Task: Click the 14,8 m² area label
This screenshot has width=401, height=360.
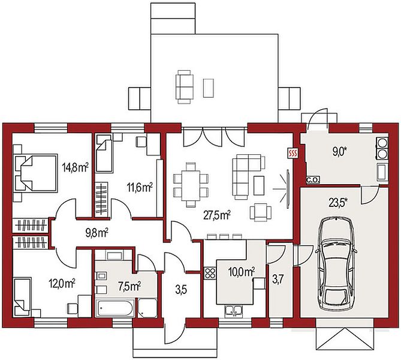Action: (75, 168)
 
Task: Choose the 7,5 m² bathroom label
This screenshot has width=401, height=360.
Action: (129, 286)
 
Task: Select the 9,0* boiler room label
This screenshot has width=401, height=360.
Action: (339, 151)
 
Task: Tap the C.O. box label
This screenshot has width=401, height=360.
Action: (313, 180)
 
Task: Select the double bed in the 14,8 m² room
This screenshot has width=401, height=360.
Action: (35, 173)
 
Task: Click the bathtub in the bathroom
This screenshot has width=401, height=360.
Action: (114, 308)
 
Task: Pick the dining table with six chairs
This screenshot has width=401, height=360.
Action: (191, 184)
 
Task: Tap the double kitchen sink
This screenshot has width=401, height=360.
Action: (233, 310)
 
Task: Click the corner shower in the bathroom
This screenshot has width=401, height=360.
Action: (147, 308)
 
